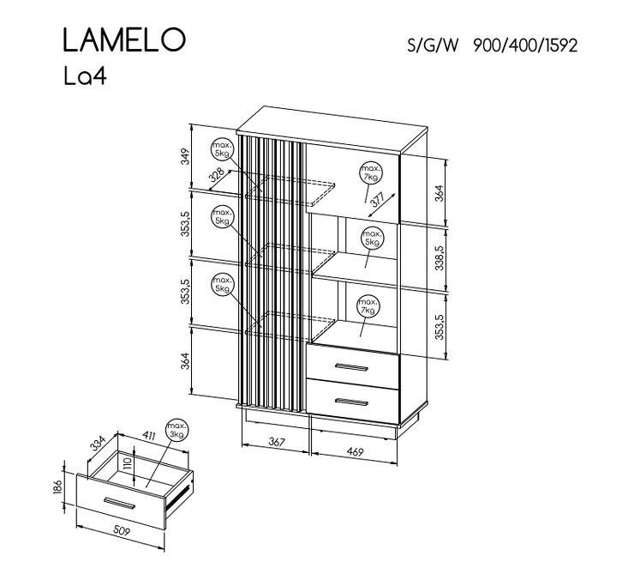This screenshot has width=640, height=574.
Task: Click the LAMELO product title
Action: (x=124, y=40)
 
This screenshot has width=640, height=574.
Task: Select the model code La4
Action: (x=85, y=76)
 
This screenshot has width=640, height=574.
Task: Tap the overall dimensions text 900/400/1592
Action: (x=525, y=45)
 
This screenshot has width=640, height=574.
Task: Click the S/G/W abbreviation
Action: (x=433, y=45)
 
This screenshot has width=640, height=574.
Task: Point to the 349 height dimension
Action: (x=185, y=157)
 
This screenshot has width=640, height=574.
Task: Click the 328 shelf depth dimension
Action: (x=217, y=174)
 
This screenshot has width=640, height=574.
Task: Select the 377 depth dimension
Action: (x=379, y=200)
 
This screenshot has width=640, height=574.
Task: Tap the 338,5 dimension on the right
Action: (x=440, y=258)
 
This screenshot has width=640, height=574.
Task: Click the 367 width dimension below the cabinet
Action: (x=277, y=442)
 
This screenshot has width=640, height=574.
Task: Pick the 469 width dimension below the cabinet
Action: (x=355, y=452)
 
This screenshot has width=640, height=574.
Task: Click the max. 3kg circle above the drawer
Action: (x=176, y=431)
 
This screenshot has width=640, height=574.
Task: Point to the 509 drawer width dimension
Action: (x=121, y=531)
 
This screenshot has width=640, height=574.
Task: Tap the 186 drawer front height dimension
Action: (x=57, y=487)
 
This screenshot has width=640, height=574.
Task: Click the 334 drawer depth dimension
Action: (x=98, y=444)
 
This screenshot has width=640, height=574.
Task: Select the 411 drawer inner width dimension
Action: (x=149, y=436)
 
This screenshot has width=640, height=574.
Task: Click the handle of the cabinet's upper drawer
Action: (x=351, y=366)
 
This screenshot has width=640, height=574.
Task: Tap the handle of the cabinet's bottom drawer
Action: (x=351, y=402)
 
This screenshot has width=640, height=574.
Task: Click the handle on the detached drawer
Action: (x=119, y=504)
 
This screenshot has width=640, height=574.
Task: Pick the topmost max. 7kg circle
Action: (x=371, y=173)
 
